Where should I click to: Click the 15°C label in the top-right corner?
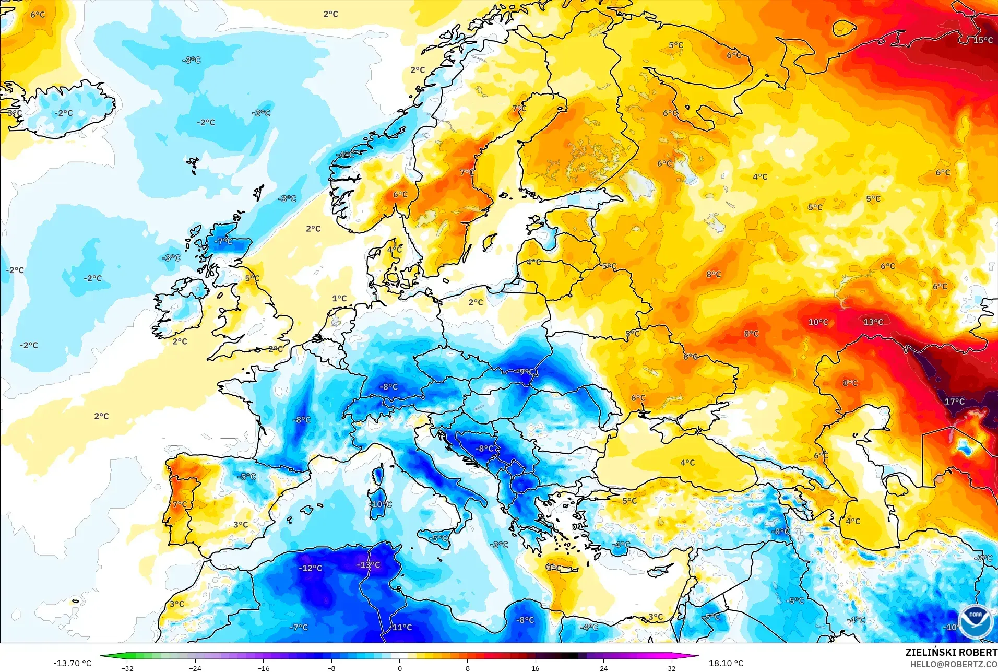(x=983, y=40)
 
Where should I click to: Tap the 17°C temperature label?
(x=955, y=402)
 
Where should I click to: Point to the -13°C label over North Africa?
(x=369, y=565)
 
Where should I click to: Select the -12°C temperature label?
(x=311, y=568)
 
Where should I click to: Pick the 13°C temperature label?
(x=873, y=322)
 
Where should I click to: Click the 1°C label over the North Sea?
(x=339, y=299)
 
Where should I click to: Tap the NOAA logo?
(x=976, y=621)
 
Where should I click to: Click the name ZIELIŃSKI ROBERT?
(x=951, y=652)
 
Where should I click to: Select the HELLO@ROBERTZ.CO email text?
(x=954, y=664)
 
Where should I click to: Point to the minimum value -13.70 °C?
(x=72, y=663)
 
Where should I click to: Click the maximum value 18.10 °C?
(x=726, y=663)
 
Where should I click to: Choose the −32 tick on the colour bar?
(x=127, y=668)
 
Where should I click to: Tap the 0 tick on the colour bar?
(x=400, y=668)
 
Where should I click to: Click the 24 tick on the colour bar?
(x=603, y=668)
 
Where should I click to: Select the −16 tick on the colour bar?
(x=264, y=668)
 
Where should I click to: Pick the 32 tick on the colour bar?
(x=671, y=668)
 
